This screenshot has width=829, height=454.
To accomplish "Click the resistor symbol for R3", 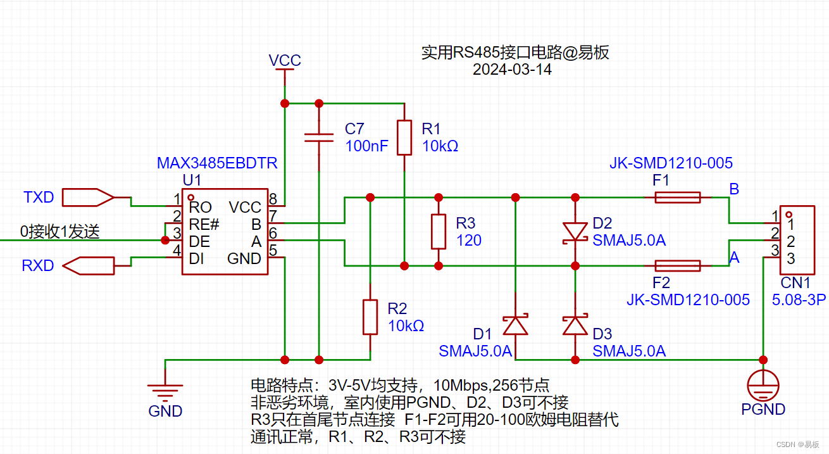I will click(x=438, y=232).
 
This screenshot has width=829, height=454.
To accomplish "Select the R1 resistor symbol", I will click(x=404, y=138).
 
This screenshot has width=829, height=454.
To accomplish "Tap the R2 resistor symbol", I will click(x=370, y=317).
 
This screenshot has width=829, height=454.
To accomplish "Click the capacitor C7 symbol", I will click(x=318, y=138).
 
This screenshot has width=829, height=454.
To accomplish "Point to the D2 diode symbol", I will click(x=575, y=231).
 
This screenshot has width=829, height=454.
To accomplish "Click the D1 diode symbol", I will click(x=515, y=325).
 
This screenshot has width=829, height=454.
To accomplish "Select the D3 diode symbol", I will click(x=575, y=325).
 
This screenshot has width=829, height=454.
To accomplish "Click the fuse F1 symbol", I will click(x=677, y=198).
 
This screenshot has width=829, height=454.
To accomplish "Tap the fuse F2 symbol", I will click(x=677, y=265).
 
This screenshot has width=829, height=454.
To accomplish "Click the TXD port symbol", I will click(x=89, y=198).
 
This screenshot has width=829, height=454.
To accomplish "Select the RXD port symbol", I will click(x=90, y=265).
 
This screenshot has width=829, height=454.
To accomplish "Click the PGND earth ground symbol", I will click(x=763, y=384).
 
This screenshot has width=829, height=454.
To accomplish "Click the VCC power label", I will click(x=285, y=61).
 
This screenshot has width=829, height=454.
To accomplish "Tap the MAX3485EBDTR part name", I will click(x=217, y=163).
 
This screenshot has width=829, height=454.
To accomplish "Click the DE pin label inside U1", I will click(x=200, y=241).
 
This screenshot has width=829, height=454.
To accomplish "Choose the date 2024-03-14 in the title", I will click(x=512, y=70).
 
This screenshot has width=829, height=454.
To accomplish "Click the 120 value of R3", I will click(x=469, y=240).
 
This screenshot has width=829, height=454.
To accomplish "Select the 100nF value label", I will click(x=367, y=146).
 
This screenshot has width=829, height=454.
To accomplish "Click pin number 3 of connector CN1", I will click(x=791, y=258).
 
